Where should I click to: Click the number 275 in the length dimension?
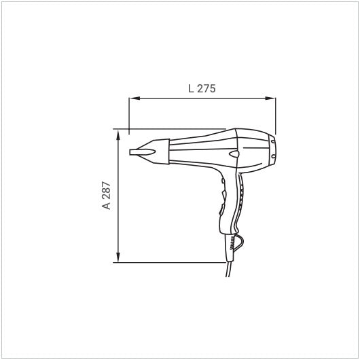click(x=206, y=88)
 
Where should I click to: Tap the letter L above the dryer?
click(x=191, y=88)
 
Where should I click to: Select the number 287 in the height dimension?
click(x=107, y=190)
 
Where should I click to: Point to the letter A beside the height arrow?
click(x=107, y=206)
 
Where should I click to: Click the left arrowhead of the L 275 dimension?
click(x=134, y=98)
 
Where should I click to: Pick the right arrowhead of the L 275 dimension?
click(x=270, y=98)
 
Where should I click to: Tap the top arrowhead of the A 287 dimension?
click(x=118, y=134)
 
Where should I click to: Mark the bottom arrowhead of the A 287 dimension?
click(x=118, y=257)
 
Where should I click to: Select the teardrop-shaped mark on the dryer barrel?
click(x=234, y=154)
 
